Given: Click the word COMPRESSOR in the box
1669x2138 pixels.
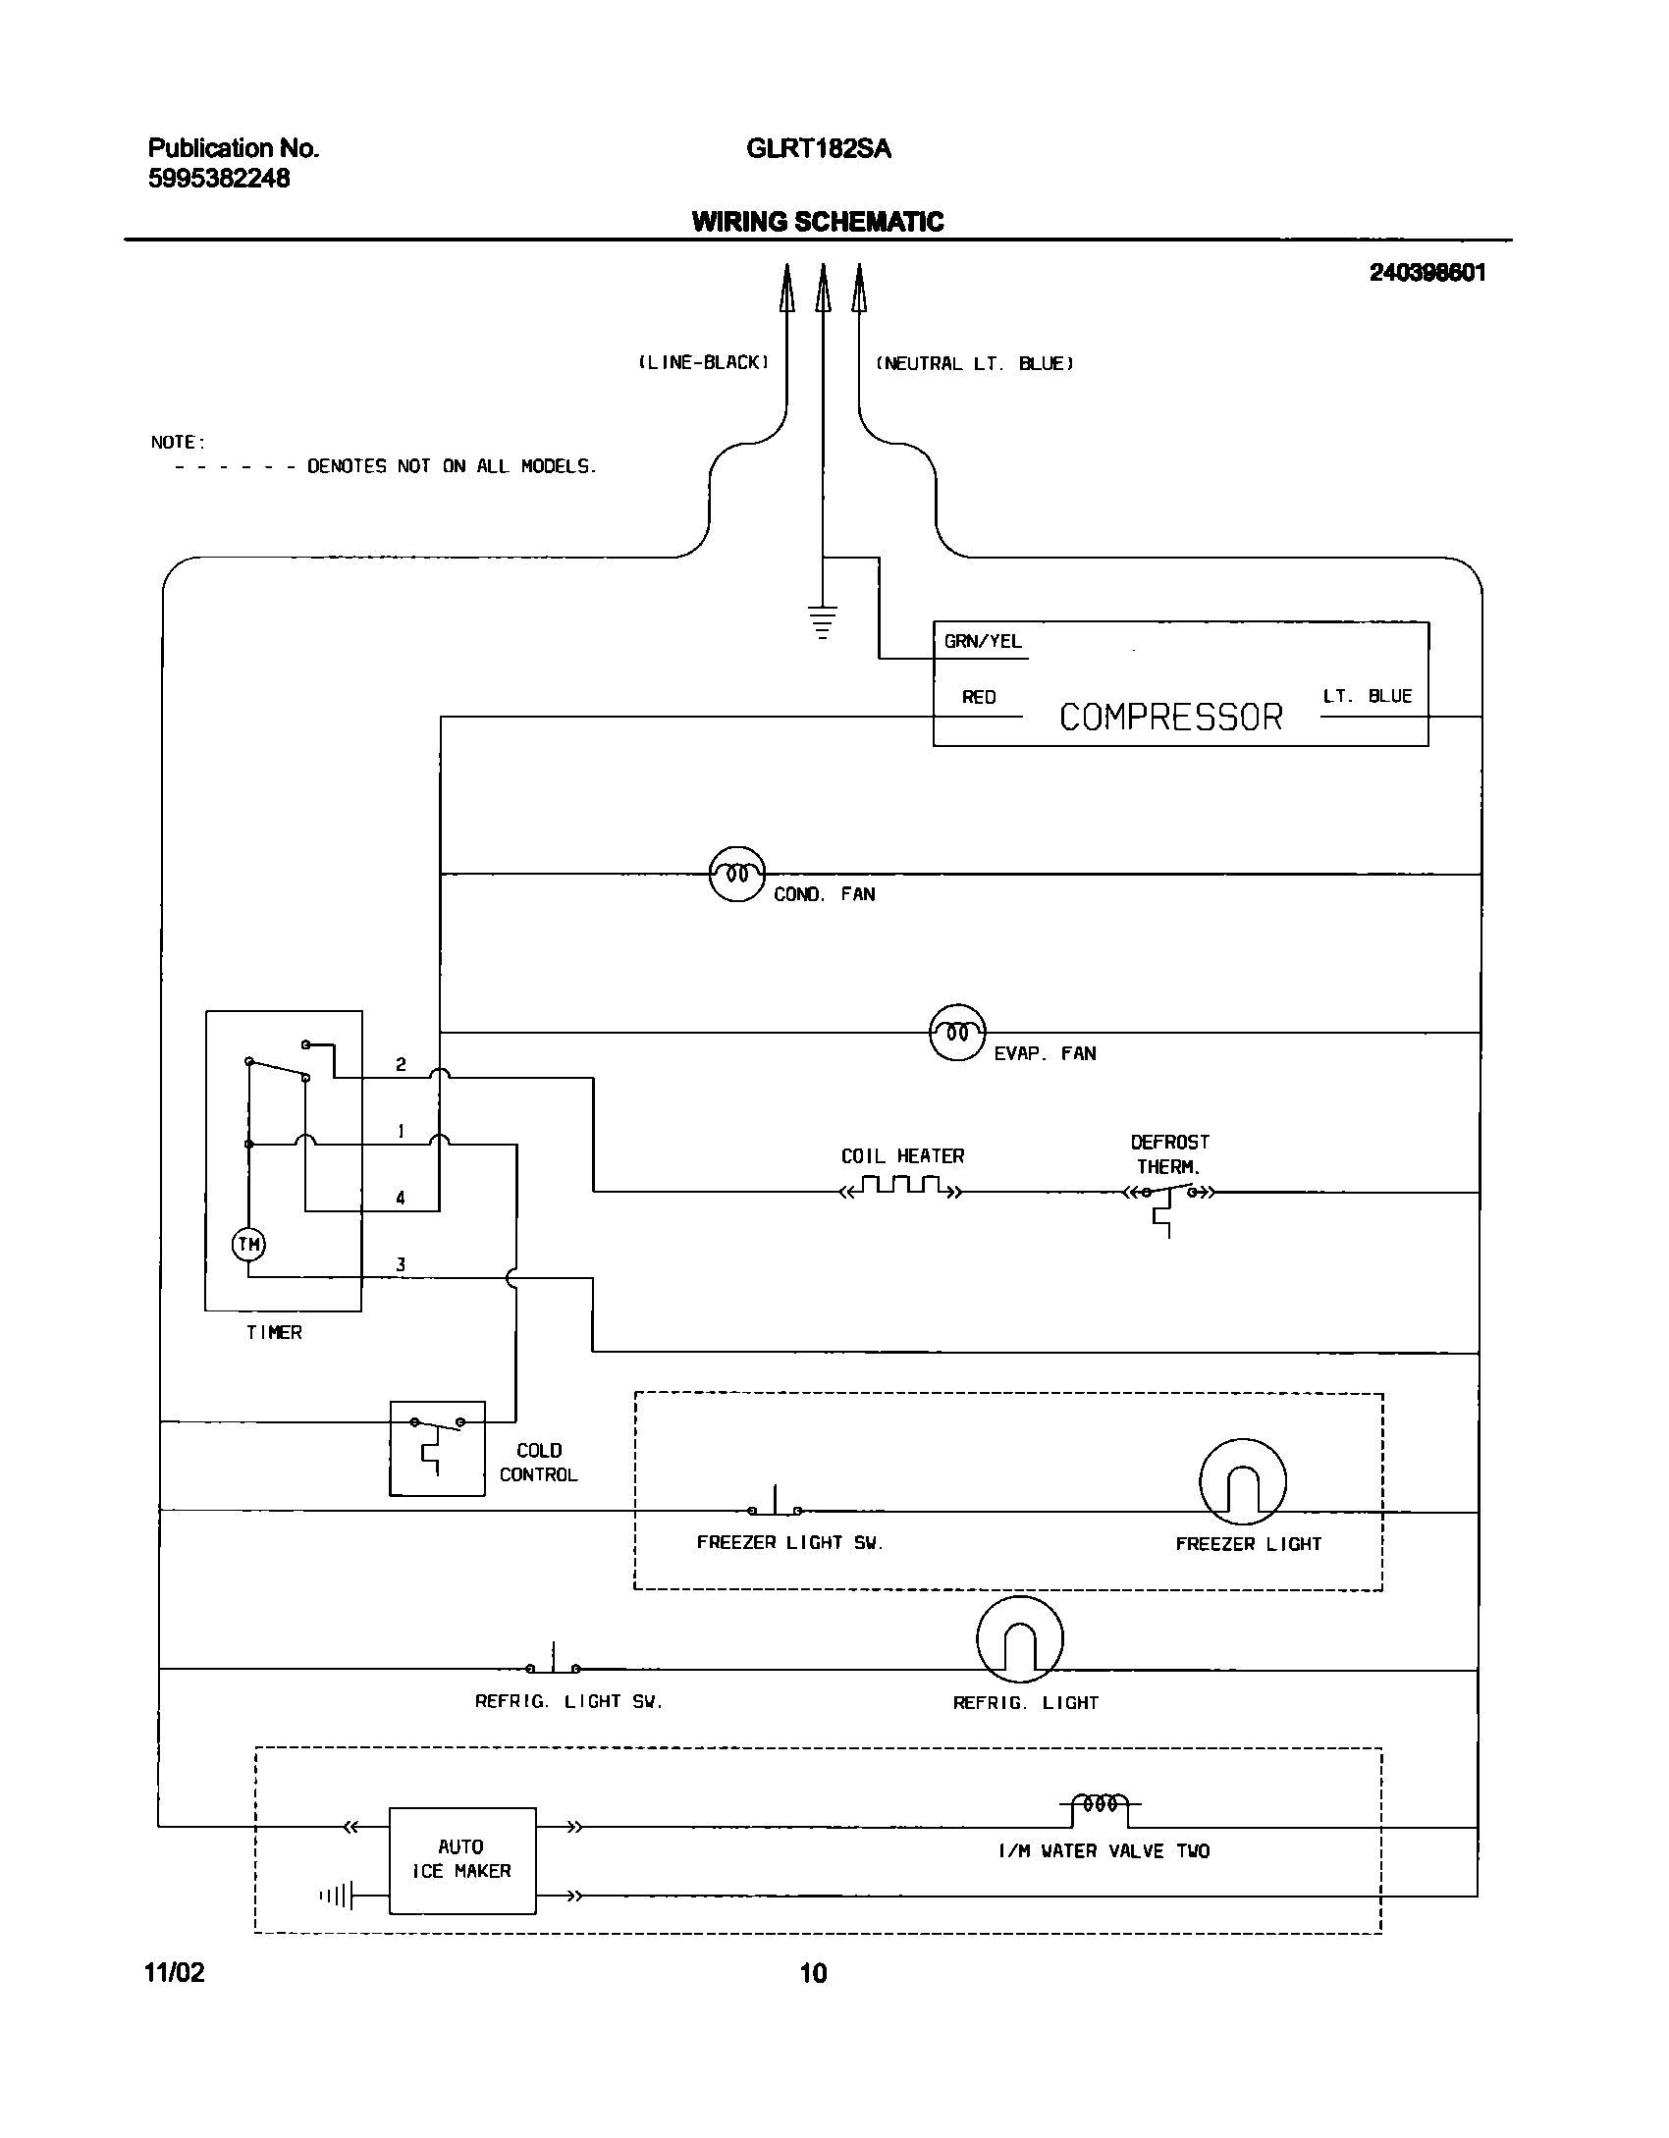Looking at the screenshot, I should [x=1170, y=718].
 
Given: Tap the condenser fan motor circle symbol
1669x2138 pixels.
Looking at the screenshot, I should [x=736, y=874].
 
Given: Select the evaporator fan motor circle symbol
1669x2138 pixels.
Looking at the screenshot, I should [x=957, y=1033].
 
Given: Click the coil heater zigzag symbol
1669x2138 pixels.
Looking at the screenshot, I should [x=902, y=1189].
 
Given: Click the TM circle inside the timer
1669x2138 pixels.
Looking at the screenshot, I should [x=248, y=1245].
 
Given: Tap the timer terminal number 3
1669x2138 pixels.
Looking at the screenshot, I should [x=401, y=1264].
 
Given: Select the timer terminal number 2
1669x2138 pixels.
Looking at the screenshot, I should [x=401, y=1064].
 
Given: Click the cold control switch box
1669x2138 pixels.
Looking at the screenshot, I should [x=437, y=1449].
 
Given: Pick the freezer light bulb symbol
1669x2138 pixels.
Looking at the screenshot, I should [x=1242, y=1482].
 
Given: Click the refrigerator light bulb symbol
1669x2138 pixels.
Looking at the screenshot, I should [x=1020, y=1639].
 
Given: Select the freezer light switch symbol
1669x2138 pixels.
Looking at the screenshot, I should [x=776, y=1506].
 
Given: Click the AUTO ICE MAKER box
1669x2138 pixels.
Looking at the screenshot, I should [x=462, y=1860].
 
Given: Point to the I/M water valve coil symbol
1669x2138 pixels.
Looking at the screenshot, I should [x=1100, y=1805].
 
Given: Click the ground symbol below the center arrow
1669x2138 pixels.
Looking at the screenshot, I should [x=823, y=622].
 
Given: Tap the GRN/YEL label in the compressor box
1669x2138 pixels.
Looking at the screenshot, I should [x=983, y=642].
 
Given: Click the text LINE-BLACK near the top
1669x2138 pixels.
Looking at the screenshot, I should [x=704, y=363].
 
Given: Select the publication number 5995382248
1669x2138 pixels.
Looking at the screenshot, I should [x=219, y=179].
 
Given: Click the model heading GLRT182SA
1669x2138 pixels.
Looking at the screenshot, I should [x=819, y=149].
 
